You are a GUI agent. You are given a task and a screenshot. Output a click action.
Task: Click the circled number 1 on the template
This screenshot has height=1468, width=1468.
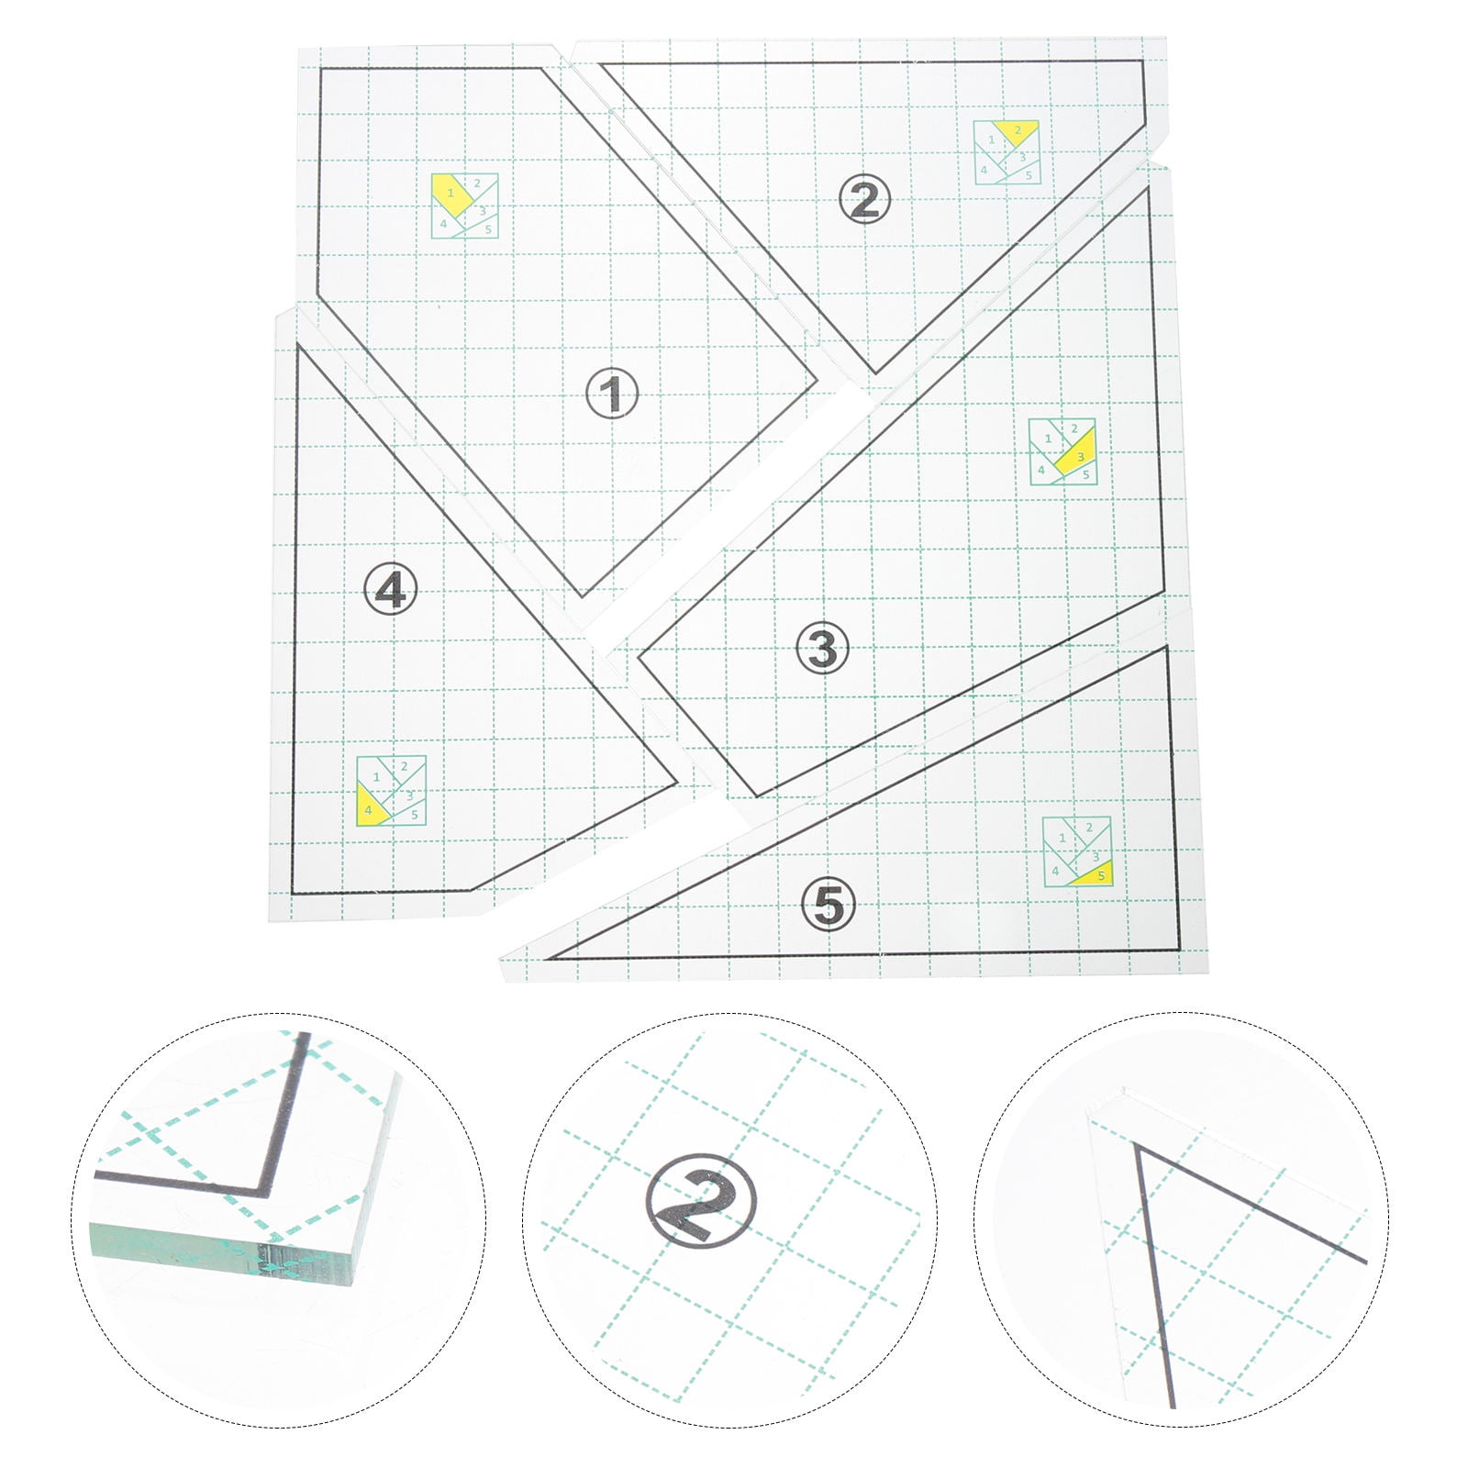(612, 395)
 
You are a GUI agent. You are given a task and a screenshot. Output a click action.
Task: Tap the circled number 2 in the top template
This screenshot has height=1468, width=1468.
(864, 200)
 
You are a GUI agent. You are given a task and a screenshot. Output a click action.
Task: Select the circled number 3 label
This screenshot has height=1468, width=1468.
(823, 648)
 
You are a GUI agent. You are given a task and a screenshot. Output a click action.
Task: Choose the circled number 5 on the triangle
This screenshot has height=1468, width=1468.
(828, 904)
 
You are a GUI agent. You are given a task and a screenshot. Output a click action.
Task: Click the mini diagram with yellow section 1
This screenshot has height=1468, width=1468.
(465, 206)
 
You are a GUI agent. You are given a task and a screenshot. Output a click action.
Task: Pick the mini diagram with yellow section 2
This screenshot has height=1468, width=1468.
(1007, 151)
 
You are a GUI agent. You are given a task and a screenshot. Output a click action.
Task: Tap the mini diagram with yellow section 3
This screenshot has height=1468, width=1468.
(1062, 451)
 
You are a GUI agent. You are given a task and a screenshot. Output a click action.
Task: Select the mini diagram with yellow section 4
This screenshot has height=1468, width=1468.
(392, 791)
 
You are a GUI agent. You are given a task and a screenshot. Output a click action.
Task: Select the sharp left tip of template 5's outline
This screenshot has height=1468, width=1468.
(548, 959)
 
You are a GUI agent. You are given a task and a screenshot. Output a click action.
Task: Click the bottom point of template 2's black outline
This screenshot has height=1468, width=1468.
(875, 373)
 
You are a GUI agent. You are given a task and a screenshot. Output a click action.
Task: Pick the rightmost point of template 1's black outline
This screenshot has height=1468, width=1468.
(817, 383)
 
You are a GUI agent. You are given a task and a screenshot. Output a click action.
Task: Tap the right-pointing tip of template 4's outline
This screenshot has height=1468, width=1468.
(678, 784)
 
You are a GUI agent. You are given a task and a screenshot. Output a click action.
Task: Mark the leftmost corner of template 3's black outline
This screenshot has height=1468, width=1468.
(639, 655)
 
